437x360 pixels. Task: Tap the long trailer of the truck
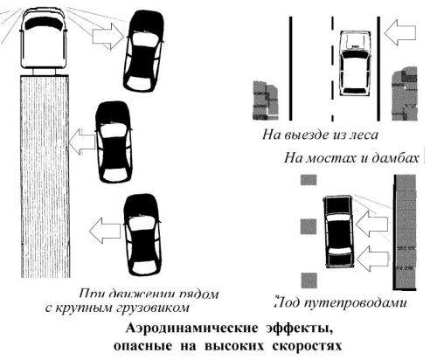tap(45, 175)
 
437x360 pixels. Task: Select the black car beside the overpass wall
tap(339, 232)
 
